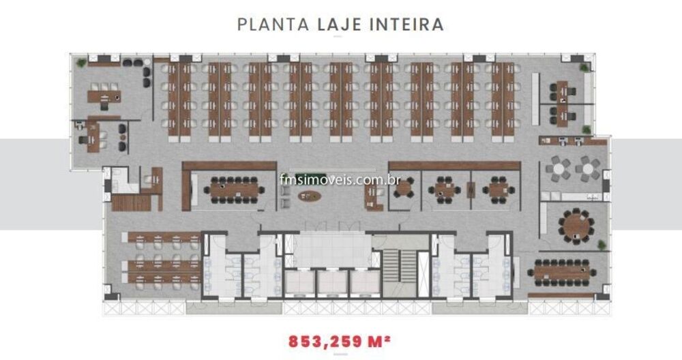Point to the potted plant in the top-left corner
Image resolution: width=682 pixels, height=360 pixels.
coord(82,63)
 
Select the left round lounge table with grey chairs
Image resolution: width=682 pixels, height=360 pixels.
coord(560,168)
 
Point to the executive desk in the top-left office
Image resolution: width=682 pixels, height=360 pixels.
coord(104,95)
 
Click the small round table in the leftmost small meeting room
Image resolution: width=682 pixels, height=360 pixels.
coord(406,188)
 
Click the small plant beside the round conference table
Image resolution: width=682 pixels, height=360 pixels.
coord(600,244)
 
